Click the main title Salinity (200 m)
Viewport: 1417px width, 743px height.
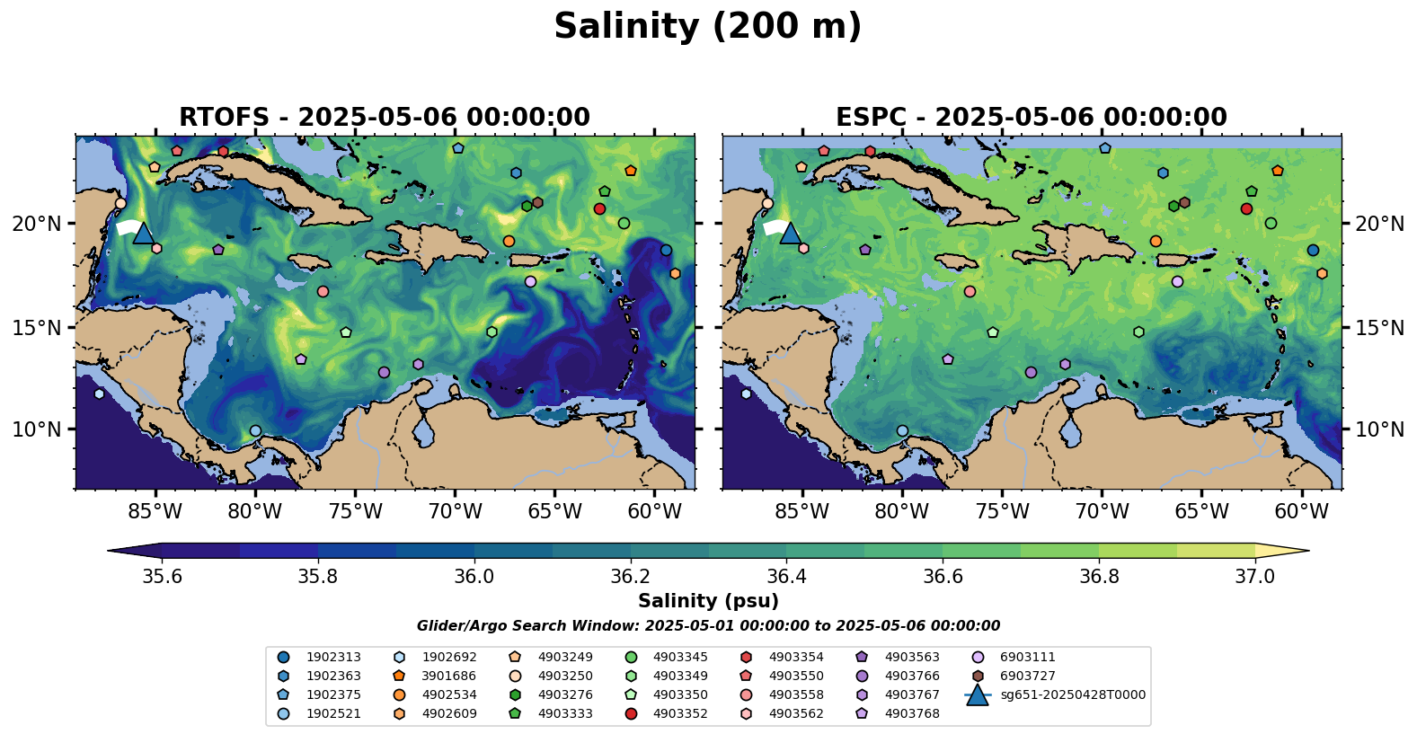pos(707,27)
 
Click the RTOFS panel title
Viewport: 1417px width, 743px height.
pos(385,118)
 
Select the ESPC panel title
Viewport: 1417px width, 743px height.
pos(1032,118)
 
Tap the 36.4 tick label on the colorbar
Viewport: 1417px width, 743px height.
pos(786,576)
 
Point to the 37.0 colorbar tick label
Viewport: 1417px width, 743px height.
pos(1254,576)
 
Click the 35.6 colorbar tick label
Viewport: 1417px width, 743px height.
pos(162,576)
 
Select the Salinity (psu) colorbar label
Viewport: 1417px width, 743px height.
pos(708,601)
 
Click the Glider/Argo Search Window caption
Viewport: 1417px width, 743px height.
pos(708,626)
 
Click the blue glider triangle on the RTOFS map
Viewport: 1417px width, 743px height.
pos(143,234)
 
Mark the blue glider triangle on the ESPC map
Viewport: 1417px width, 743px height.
pos(790,234)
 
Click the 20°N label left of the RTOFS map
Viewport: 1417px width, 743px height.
pos(37,224)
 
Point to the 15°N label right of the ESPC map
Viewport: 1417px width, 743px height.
pos(1379,328)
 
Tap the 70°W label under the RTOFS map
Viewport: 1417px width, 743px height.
pos(455,512)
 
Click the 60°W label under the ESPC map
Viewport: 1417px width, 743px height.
pos(1301,512)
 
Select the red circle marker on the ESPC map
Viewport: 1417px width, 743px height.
pos(1246,209)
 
